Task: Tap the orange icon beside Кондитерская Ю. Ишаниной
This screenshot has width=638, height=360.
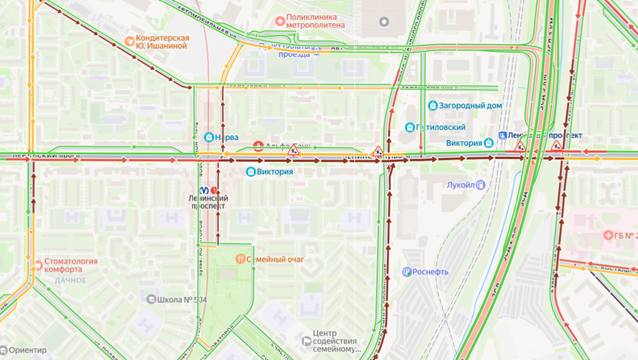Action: (x=129, y=41)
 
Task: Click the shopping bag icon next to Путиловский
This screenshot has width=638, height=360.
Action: (x=410, y=128)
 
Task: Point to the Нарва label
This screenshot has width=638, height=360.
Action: (x=226, y=137)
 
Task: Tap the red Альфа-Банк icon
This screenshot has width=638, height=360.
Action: (x=259, y=145)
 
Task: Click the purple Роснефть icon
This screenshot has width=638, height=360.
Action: (x=407, y=272)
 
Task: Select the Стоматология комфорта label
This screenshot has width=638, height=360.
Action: (x=71, y=265)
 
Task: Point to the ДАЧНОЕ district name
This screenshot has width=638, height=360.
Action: (x=71, y=280)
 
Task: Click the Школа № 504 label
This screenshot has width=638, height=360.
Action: (x=182, y=299)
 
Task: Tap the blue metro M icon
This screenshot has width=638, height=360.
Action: (x=204, y=190)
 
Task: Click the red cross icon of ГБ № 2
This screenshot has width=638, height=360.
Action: (x=608, y=235)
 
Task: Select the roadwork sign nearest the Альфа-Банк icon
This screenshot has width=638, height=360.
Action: (x=293, y=150)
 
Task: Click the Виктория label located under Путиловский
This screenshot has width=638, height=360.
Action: (x=464, y=143)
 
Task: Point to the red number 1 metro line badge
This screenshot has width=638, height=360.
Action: (x=214, y=190)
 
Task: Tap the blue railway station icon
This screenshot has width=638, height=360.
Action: (x=503, y=136)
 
